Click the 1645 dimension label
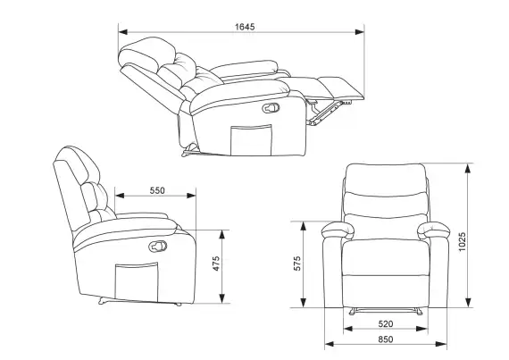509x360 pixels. (245, 27)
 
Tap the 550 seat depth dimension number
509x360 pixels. (157, 190)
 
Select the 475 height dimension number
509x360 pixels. (216, 264)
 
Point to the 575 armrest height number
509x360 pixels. (297, 264)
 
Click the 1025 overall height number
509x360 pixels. (462, 241)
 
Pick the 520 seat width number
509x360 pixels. (385, 323)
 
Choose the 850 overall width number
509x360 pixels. (385, 339)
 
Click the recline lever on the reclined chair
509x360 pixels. (271, 108)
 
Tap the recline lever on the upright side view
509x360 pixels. (158, 247)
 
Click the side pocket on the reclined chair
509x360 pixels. (251, 140)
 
